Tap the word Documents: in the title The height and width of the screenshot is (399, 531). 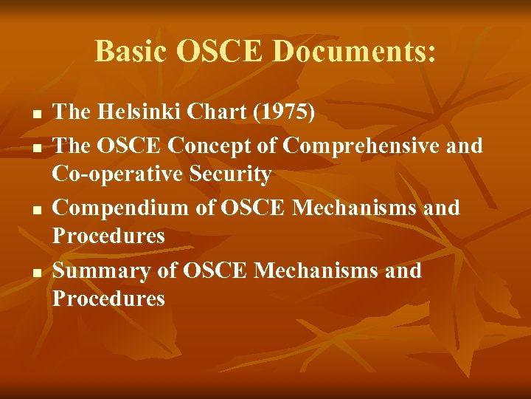tap(355, 52)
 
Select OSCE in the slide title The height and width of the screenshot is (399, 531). tap(224, 52)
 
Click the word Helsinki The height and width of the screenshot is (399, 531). tap(135, 112)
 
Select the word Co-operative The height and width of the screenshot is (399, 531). tap(107, 175)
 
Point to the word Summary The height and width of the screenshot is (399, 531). tap(102, 270)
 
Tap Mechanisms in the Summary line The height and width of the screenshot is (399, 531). tap(320, 270)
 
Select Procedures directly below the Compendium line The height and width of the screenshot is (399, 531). tap(108, 237)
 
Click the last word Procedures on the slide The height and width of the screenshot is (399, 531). tap(108, 299)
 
